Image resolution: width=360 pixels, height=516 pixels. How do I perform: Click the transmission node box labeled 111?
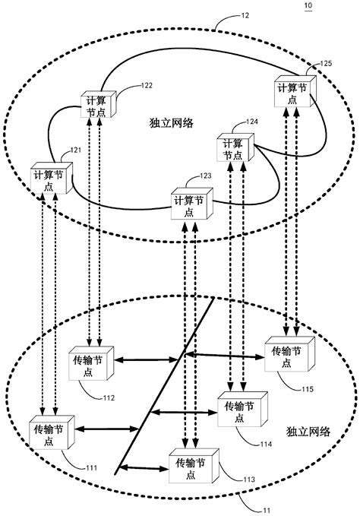pyautogui.click(x=52, y=434)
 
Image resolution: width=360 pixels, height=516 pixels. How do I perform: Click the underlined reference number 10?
pyautogui.click(x=307, y=6)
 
